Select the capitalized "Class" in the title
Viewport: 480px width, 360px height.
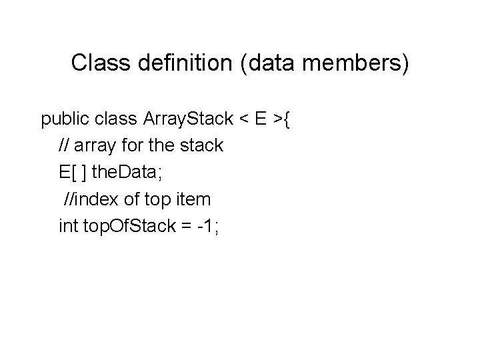coord(95,63)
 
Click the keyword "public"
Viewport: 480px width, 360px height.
coord(65,120)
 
